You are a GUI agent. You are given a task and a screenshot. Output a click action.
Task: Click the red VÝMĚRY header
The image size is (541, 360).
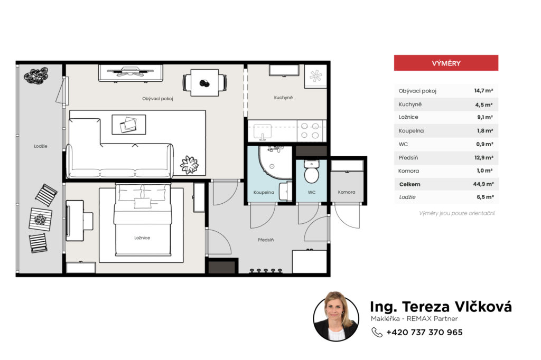click(x=446, y=63)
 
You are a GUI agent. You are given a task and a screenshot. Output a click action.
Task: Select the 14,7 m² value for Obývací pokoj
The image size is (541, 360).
click(x=483, y=91)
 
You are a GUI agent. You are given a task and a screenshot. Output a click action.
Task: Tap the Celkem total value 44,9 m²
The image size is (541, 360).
click(x=483, y=184)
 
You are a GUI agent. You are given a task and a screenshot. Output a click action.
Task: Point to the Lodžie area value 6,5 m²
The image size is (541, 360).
click(x=485, y=197)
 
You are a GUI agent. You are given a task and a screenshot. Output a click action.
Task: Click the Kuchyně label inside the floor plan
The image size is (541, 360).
click(x=283, y=98)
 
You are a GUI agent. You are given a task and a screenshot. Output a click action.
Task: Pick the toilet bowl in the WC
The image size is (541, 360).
click(x=311, y=172)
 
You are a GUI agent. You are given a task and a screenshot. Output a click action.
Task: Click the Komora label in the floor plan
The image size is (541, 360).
click(x=347, y=192)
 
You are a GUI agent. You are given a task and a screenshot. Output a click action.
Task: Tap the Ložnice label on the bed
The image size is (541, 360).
click(x=142, y=238)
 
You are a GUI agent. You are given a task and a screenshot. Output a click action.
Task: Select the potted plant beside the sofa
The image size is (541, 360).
click(x=190, y=165)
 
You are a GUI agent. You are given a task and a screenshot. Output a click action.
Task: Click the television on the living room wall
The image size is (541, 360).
click(x=130, y=73)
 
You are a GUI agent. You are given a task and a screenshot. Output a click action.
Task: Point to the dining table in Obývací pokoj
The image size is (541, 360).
click(x=204, y=83)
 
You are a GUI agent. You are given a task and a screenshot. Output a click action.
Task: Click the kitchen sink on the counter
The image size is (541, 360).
click(x=263, y=131)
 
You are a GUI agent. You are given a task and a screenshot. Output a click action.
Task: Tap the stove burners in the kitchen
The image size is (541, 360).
click(x=310, y=131)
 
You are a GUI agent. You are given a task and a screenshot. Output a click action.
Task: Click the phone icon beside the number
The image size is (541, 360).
click(x=377, y=332)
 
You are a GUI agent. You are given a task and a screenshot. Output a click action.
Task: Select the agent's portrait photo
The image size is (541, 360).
click(x=336, y=317)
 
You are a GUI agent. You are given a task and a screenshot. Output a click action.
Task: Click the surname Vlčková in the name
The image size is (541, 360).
click(x=483, y=306)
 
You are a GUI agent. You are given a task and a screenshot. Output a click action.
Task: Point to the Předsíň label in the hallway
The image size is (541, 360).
click(x=266, y=240)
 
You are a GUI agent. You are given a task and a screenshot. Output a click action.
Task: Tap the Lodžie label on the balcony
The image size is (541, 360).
click(x=41, y=146)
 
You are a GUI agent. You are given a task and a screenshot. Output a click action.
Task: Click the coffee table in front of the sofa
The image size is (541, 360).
click(x=129, y=125)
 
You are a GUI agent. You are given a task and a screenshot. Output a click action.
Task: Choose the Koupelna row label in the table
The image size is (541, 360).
click(x=411, y=131)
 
